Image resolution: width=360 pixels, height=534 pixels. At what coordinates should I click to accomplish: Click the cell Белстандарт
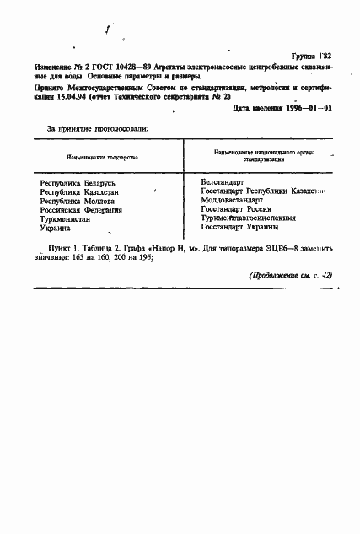pos(223,181)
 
